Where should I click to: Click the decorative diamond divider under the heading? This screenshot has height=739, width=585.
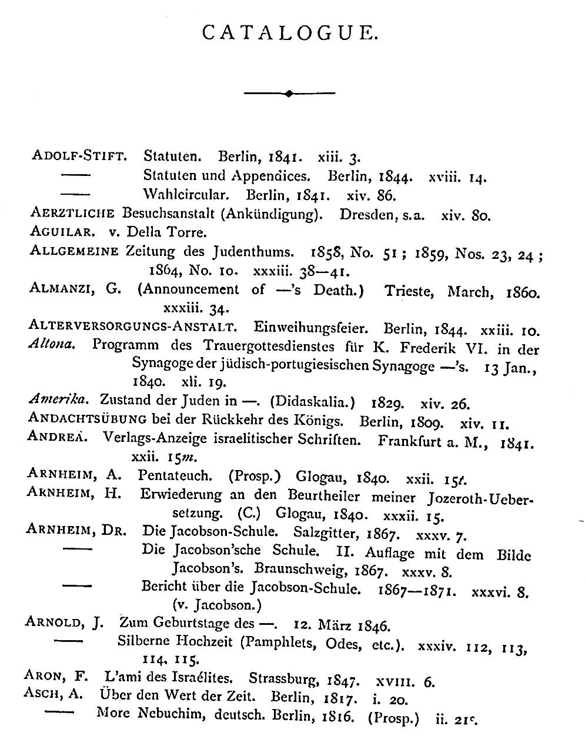[288, 93]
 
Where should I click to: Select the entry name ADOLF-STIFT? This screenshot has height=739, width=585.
[78, 157]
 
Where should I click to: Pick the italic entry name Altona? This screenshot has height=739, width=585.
[52, 345]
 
